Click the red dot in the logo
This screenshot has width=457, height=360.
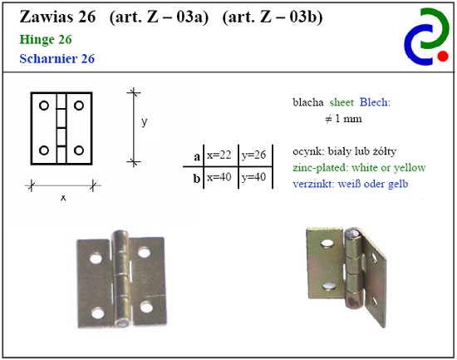pos(443,56)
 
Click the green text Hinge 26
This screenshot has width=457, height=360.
pos(46,39)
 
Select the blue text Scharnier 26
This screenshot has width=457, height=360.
pos(57,59)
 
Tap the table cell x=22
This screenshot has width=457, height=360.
pos(219,155)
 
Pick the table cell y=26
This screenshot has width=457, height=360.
pos(253,155)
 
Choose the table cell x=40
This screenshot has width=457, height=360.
pos(219,177)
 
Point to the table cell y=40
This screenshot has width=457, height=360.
pos(253,177)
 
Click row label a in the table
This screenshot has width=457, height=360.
pos(197,157)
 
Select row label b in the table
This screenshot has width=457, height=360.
pos(197,178)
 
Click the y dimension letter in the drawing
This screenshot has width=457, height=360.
pos(145,121)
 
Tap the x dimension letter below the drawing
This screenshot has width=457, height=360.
pos(63,198)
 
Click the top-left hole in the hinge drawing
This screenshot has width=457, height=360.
pos(44,106)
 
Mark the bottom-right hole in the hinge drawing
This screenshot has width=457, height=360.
pos(79,150)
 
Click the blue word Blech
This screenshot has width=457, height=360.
pos(375,102)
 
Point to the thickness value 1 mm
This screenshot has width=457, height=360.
pos(348,118)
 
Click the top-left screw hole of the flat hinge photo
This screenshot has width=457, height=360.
pos(96,259)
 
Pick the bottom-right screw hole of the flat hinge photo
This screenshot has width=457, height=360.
pos(146,307)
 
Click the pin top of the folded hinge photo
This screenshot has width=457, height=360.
pos(352,233)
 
